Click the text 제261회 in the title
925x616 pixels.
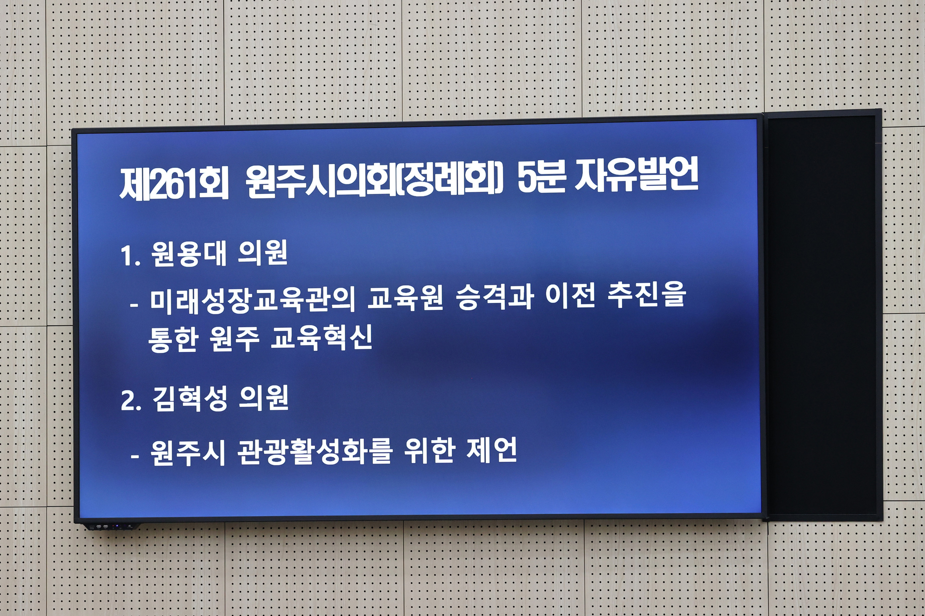[174, 183]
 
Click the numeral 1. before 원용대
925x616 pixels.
[130, 256]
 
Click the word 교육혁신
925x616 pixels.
[321, 338]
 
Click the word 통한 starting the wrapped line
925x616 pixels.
[172, 339]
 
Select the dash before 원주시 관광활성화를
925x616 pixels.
[135, 456]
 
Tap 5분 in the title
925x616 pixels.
[541, 178]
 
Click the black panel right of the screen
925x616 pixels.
[822, 314]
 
